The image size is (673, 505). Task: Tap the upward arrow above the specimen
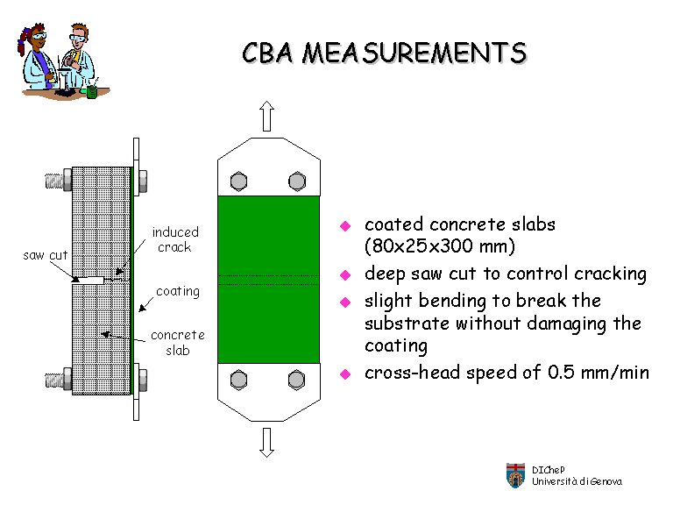[x=267, y=115]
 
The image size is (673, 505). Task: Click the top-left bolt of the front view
[x=238, y=181]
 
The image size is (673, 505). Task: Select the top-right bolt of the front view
[x=295, y=181]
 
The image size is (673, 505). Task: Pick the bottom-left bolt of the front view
[x=238, y=379]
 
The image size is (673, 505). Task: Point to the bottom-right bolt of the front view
[x=295, y=379]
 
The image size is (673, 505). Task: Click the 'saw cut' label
[x=45, y=255]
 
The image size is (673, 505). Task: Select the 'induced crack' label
[x=175, y=239]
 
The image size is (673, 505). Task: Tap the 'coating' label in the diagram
[x=178, y=291]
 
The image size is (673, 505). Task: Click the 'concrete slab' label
[x=177, y=343]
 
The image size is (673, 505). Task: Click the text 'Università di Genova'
[x=577, y=481]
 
